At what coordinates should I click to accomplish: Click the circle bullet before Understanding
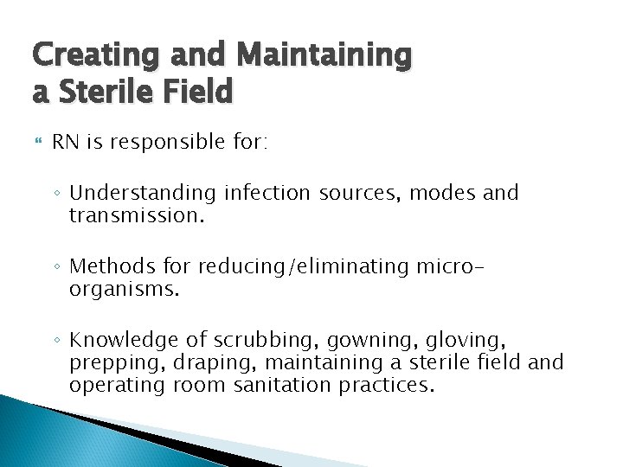pyautogui.click(x=58, y=193)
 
